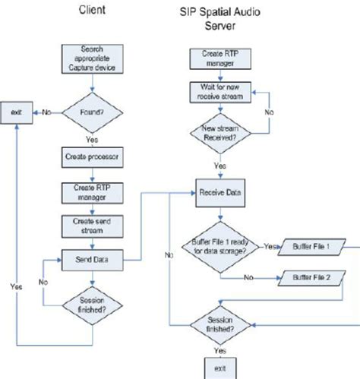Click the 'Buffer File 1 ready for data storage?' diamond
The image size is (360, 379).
[x=221, y=248]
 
